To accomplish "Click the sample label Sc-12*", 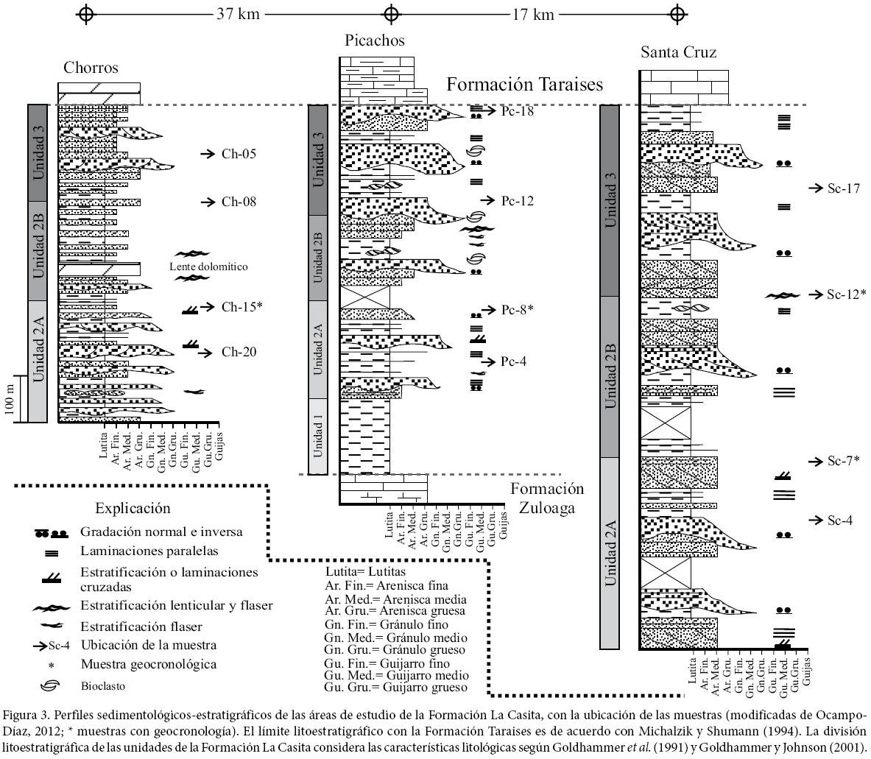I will (846, 294).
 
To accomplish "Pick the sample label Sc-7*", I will (844, 461).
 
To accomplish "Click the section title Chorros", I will (91, 68).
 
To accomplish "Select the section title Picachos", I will (375, 40).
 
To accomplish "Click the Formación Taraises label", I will (525, 85).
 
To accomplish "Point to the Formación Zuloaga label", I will (547, 498).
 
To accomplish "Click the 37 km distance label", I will (239, 14).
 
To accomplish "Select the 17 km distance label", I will (533, 14).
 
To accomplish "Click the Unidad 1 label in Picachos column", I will (318, 437).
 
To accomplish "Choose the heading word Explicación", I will (133, 509).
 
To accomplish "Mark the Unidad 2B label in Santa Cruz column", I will (610, 376).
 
